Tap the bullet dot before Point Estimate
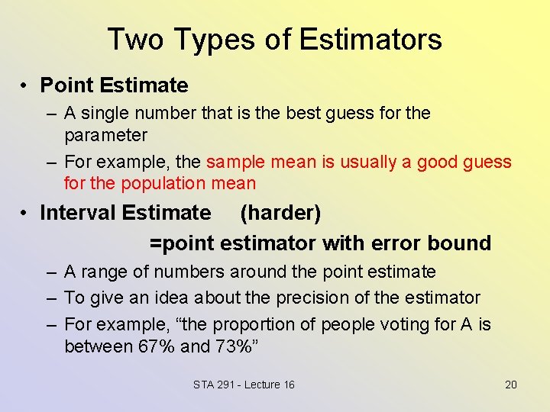pyautogui.click(x=25, y=85)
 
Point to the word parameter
pyautogui.click(x=105, y=135)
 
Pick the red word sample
pyautogui.click(x=235, y=162)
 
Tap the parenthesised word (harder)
pyautogui.click(x=280, y=213)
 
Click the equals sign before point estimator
pyautogui.click(x=155, y=244)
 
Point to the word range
pyautogui.click(x=108, y=272)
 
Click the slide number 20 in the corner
pyautogui.click(x=511, y=385)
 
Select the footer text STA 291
pyautogui.click(x=214, y=385)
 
